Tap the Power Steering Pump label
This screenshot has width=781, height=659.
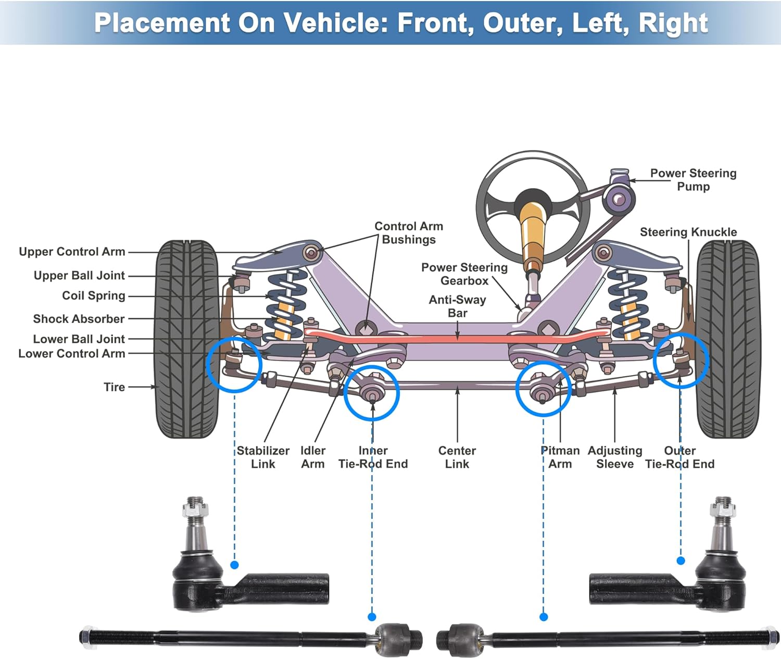pos(693,180)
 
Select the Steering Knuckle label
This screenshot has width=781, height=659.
pos(688,232)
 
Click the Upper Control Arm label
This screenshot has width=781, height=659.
pos(72,252)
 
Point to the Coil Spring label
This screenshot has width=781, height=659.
pos(94,296)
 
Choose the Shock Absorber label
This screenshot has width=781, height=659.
pos(79,319)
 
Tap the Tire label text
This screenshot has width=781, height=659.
pos(114,387)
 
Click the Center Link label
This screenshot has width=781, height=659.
pos(457,457)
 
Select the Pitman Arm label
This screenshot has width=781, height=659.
pos(560,457)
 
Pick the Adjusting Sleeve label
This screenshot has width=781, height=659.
pos(615,457)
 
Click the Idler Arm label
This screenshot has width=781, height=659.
pos(312,457)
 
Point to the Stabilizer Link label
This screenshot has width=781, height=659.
pos(263,457)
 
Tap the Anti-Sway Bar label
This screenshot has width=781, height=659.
pos(457,306)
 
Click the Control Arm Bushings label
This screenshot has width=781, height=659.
pos(409,233)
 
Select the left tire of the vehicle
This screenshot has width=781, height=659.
pos(186,339)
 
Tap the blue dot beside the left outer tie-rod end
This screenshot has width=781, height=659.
pos(234,565)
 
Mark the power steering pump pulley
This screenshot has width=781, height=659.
pos(619,199)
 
